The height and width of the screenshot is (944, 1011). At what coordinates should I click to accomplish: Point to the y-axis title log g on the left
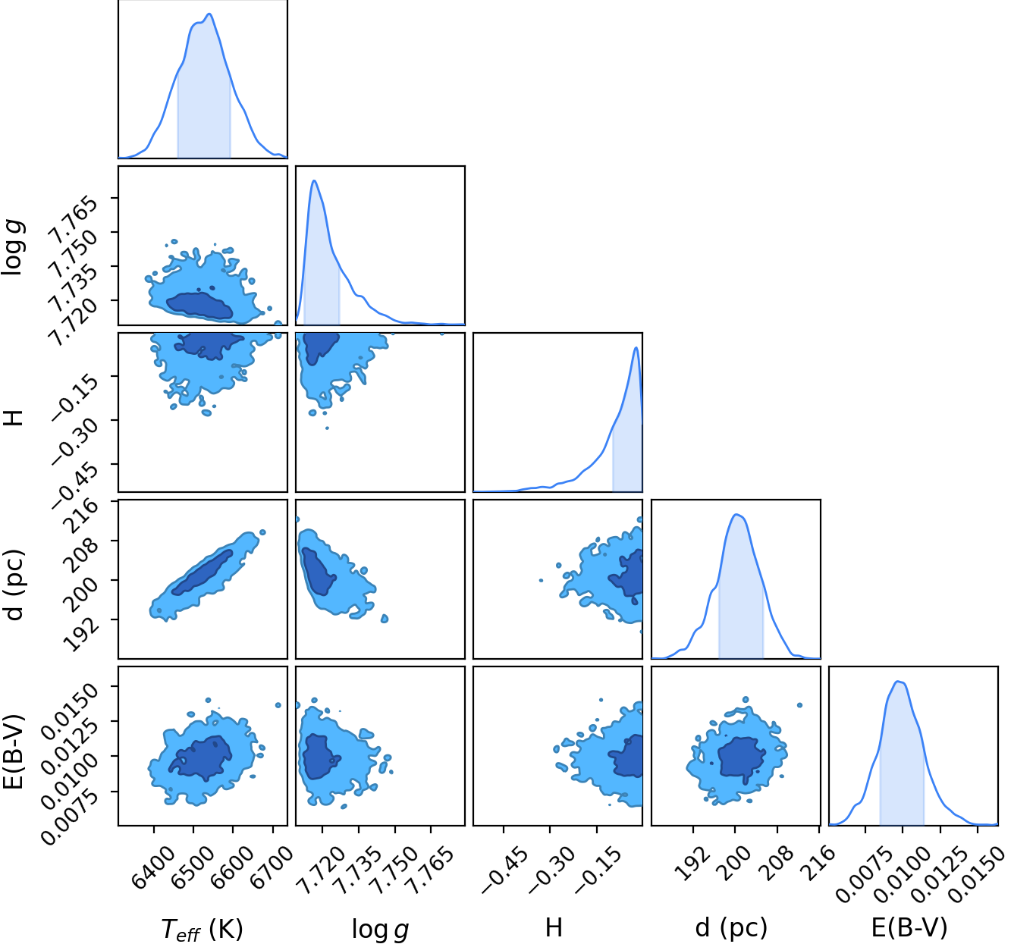point(13,246)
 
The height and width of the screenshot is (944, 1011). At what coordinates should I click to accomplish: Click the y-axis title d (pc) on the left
point(14,585)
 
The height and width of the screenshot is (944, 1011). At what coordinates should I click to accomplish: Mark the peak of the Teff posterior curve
point(209,14)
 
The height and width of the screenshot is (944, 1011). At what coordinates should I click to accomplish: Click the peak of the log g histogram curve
point(315,180)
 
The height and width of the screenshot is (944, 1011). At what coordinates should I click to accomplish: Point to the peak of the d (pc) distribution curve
point(736,514)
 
